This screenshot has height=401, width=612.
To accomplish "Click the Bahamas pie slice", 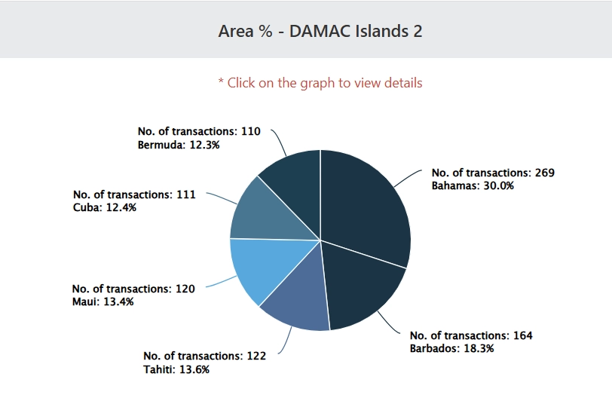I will [366, 204].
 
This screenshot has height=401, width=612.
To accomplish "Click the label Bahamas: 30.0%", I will [473, 185].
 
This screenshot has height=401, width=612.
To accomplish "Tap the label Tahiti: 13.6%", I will [176, 369].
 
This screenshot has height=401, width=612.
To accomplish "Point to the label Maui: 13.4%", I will [103, 302].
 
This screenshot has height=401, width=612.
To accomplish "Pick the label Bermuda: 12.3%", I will [179, 144].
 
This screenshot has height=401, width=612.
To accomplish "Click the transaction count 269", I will [543, 173].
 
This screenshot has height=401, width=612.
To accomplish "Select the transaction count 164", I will [522, 335].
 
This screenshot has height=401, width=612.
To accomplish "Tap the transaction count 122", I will [256, 356].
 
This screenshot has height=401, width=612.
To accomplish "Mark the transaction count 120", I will [185, 289].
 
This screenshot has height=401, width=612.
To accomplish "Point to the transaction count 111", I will [185, 194].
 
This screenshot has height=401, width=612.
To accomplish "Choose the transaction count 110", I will [250, 131].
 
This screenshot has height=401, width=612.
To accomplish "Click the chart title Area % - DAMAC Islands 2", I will [320, 31].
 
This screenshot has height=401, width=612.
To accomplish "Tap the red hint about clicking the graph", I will [320, 83].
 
